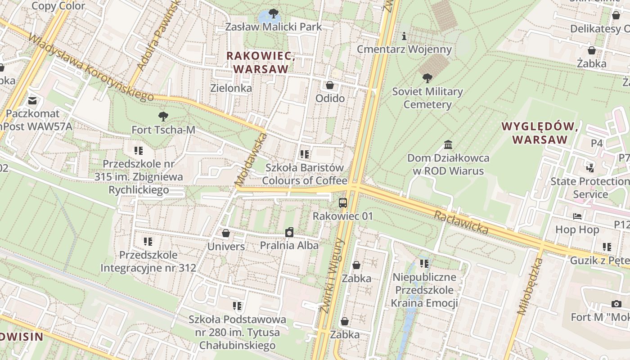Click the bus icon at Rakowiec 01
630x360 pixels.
coord(343,202)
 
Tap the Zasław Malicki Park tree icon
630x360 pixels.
coord(273,13)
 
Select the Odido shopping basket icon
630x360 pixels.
coord(330,85)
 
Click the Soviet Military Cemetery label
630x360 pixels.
coord(427,98)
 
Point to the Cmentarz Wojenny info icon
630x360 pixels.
coord(404,36)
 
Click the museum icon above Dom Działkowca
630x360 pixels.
coord(448,145)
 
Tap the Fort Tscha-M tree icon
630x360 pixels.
coord(163,117)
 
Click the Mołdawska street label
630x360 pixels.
coord(251,160)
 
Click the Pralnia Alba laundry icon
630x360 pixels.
coord(289,232)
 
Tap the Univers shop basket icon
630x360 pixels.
coord(226,233)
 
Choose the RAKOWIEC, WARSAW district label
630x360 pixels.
coord(261,63)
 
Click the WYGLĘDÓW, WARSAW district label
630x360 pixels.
coord(540,133)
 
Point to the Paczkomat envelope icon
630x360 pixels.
coord(32,100)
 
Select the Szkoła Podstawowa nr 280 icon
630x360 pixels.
coord(238,306)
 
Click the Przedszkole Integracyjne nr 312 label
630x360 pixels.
coord(148,262)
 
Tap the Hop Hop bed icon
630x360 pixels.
coord(577,216)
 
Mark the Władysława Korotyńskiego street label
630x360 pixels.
coord(90,67)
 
